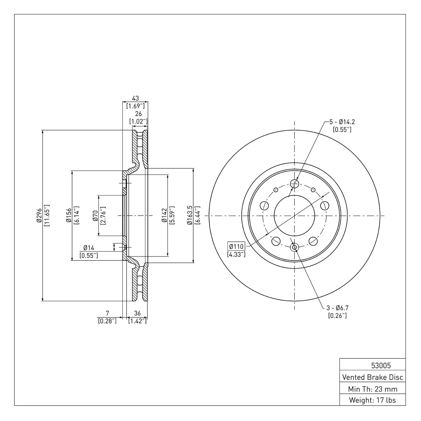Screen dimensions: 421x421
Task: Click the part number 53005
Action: coord(381,365)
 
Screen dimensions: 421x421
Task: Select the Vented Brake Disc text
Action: coord(372,377)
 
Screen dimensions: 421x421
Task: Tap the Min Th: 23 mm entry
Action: coord(372,389)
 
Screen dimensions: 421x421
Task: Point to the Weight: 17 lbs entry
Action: coord(372,400)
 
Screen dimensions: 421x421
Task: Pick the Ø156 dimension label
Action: coord(68,216)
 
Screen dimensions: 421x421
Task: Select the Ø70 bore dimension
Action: coord(95,216)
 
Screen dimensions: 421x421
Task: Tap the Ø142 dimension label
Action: coord(164,216)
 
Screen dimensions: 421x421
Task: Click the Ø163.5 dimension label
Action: coord(190,215)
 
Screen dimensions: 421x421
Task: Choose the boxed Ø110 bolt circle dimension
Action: coord(236,247)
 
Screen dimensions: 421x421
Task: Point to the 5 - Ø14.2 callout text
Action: coord(342,122)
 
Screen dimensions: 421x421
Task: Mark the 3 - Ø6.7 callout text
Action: coord(337,308)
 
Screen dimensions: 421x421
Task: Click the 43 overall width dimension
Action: coord(135,99)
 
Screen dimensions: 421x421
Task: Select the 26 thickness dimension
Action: coord(138,114)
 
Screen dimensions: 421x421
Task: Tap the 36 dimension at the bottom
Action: coord(137,313)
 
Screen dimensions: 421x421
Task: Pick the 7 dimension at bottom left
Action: coord(107,313)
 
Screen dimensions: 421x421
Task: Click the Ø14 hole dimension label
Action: coord(88,248)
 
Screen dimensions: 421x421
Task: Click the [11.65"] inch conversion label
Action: coord(47,216)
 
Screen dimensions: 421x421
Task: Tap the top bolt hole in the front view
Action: coord(294,184)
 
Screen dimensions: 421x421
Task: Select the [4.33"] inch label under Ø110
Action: coord(236,255)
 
